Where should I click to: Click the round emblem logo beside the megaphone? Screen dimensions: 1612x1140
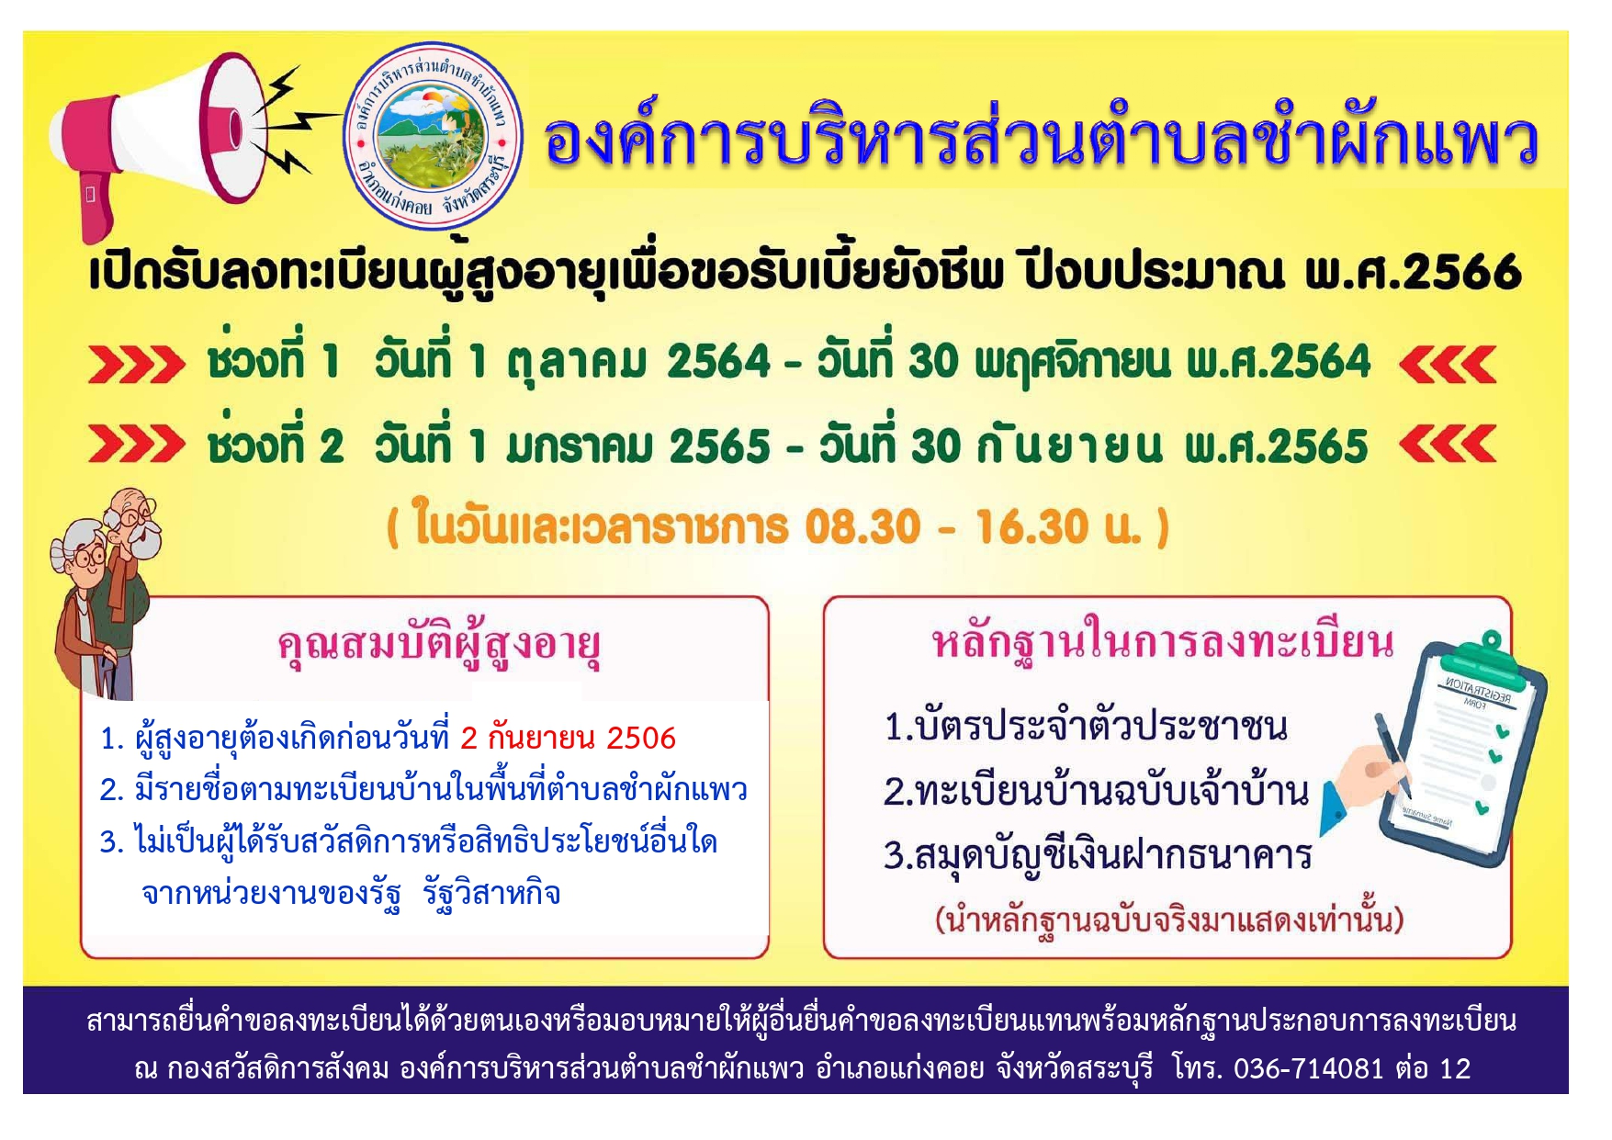[x=433, y=136]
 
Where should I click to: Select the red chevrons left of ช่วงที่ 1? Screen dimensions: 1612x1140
[x=136, y=365]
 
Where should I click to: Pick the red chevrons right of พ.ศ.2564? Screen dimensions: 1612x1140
[x=1448, y=365]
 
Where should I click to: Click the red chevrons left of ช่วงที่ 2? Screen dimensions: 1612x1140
[x=136, y=445]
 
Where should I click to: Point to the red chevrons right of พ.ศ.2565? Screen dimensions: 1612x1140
[x=1448, y=445]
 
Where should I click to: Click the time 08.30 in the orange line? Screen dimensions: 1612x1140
[x=862, y=527]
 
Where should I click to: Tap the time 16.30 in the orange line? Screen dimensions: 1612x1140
[x=1031, y=527]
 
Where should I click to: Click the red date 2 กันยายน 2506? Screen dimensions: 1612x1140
[x=568, y=738]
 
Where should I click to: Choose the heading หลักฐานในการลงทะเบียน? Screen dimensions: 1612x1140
[x=1163, y=642]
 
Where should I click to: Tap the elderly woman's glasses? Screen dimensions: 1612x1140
[x=91, y=557]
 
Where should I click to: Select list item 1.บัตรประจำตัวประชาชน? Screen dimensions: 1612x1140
[x=1086, y=727]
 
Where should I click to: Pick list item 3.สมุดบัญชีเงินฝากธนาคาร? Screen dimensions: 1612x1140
[x=1098, y=855]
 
